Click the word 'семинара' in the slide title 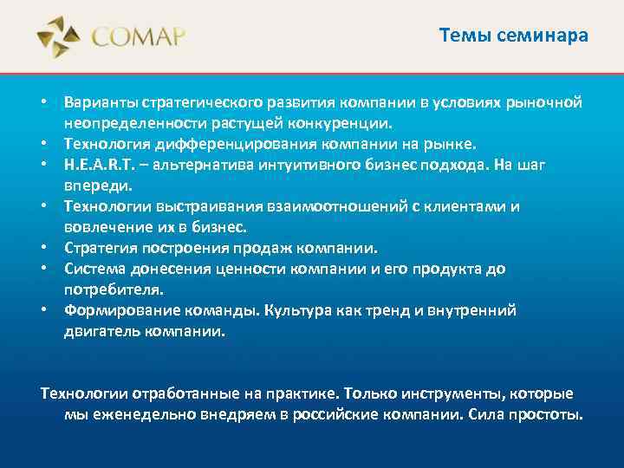pos(549,36)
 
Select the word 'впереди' pos(94,185)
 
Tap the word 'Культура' pos(304,310)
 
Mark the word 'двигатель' pos(99,331)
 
